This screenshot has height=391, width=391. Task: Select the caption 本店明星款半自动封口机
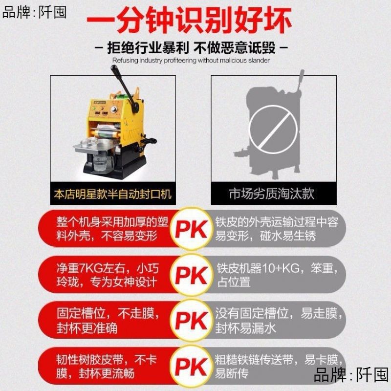tap(112, 195)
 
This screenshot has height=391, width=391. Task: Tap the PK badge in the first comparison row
tap(192, 229)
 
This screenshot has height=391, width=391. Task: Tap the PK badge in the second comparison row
tap(192, 275)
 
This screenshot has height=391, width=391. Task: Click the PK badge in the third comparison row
tap(192, 321)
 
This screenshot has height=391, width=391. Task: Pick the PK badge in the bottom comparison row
tap(192, 366)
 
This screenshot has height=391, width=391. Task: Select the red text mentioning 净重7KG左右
tap(108, 275)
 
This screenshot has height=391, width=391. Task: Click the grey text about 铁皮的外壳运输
tap(276, 229)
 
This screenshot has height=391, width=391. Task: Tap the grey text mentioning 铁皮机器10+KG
tap(276, 275)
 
